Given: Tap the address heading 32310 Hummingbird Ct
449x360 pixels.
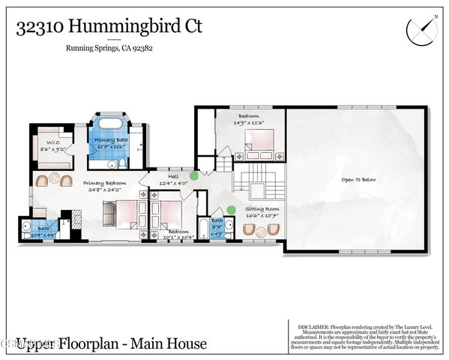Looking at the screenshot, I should [x=109, y=27].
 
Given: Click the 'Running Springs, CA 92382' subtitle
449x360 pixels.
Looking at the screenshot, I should [x=109, y=50].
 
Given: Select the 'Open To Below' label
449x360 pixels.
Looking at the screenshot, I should [x=358, y=180].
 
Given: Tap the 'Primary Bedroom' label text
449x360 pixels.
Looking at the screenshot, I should [x=104, y=182].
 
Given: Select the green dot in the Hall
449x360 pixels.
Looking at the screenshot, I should [x=194, y=175].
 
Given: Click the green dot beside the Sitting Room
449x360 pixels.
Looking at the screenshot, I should [x=231, y=210].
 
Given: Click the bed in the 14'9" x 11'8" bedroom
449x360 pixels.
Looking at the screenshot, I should [x=260, y=140].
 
